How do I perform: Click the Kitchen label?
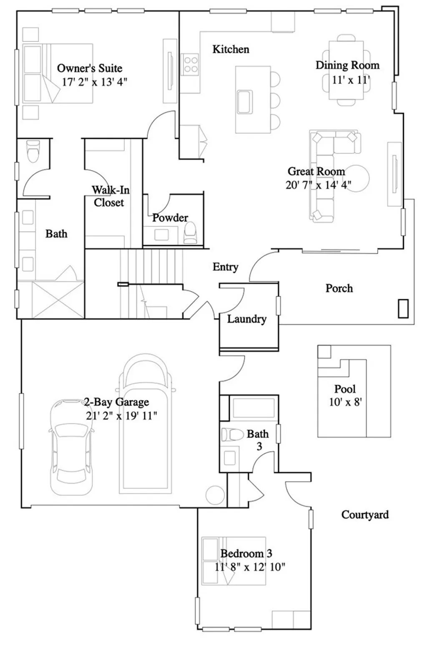click(x=231, y=49)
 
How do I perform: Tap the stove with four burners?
click(x=191, y=65)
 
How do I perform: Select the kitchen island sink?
click(x=245, y=101)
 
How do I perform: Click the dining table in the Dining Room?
click(x=346, y=70)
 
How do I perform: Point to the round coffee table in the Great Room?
click(x=357, y=179)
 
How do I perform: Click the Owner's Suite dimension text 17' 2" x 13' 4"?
click(x=94, y=82)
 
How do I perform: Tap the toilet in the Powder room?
click(x=190, y=233)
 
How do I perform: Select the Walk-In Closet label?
click(x=110, y=196)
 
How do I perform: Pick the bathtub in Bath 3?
click(x=254, y=407)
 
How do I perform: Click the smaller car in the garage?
click(x=70, y=447)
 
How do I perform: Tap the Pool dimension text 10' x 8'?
click(x=345, y=402)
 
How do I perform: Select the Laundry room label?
click(x=246, y=319)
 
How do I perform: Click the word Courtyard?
click(x=365, y=515)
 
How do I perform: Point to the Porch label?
click(x=339, y=288)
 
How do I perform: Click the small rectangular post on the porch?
click(x=403, y=309)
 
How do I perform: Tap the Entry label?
click(x=225, y=267)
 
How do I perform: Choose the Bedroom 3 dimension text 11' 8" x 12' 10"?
click(x=250, y=567)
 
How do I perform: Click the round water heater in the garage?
click(x=215, y=496)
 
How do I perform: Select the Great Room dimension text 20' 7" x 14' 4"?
click(x=318, y=184)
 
